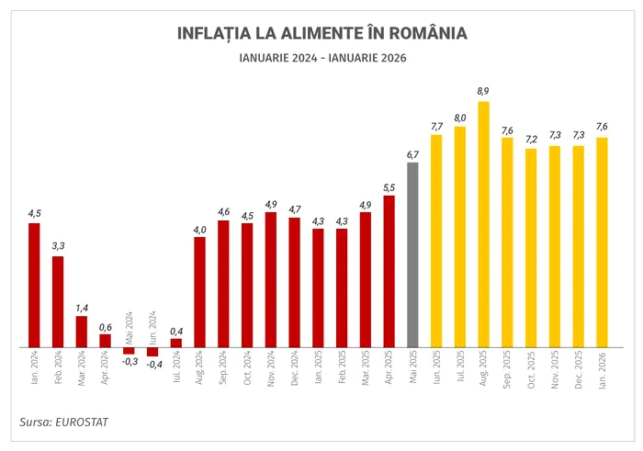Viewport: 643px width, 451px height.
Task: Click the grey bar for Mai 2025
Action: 412,255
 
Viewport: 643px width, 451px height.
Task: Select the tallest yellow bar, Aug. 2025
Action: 483,224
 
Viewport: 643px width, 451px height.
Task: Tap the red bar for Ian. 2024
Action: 34,286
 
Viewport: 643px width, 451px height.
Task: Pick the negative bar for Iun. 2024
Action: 152,352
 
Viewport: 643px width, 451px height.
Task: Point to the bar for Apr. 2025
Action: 389,271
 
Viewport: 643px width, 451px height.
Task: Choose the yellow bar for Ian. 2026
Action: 602,242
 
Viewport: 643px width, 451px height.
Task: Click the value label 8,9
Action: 483,91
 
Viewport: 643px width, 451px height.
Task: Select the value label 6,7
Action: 412,153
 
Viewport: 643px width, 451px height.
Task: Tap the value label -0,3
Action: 129,362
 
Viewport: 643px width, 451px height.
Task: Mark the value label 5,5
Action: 389,186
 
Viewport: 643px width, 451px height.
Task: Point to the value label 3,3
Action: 58,246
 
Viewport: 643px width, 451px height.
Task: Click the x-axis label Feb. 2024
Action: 58,367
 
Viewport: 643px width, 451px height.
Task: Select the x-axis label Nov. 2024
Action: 271,367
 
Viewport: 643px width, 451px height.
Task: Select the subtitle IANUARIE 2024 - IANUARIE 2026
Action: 321,58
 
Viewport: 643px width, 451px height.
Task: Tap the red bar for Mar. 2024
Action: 82,332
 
